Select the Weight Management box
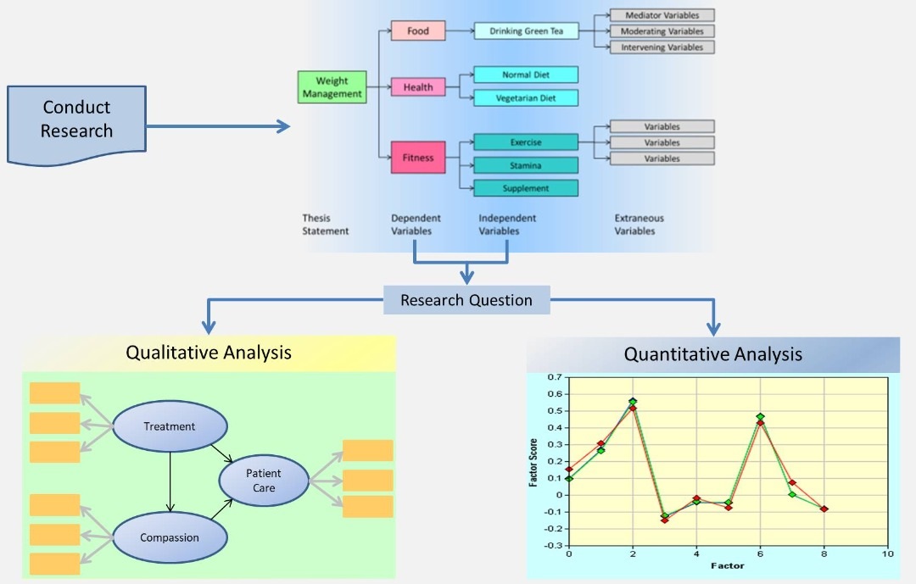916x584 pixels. [332, 87]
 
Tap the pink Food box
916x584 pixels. [418, 31]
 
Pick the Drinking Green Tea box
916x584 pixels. [526, 31]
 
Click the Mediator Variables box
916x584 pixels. [662, 15]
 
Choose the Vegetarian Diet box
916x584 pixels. [526, 98]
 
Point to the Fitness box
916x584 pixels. [418, 158]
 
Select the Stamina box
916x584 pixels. [526, 165]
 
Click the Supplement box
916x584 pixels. [526, 188]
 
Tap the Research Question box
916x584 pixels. [466, 300]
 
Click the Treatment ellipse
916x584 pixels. [170, 426]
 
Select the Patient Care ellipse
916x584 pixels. [264, 481]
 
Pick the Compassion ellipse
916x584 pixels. [170, 537]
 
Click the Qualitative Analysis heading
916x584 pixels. [209, 353]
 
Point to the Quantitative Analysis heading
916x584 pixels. [712, 354]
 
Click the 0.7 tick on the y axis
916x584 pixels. [554, 376]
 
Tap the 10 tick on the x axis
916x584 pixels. [888, 553]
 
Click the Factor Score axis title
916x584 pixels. [533, 461]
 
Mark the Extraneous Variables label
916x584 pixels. [639, 225]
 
